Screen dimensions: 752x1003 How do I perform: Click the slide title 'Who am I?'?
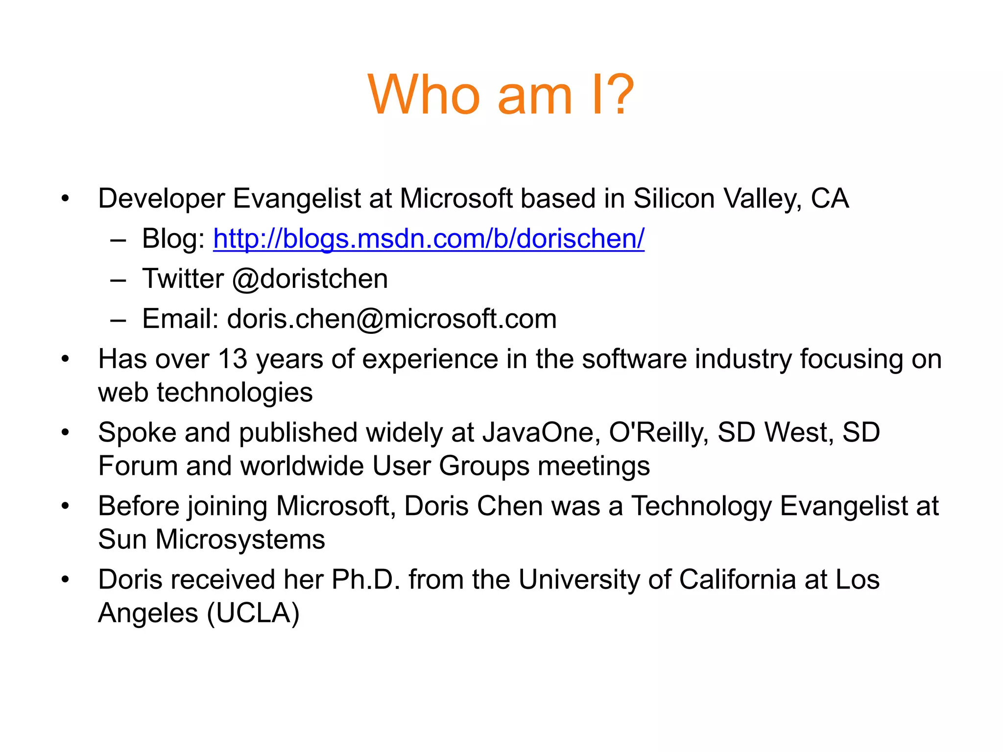[501, 95]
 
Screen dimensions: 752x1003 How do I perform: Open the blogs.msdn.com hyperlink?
[429, 239]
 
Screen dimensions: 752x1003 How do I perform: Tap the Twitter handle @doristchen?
[310, 279]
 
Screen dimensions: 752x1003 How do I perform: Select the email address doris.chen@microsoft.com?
[392, 319]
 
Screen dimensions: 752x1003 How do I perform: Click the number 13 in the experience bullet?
[233, 359]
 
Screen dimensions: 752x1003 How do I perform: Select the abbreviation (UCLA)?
[253, 613]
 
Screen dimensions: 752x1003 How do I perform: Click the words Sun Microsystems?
[212, 540]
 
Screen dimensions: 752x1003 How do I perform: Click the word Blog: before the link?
[173, 239]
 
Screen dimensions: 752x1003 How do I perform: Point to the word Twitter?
[183, 279]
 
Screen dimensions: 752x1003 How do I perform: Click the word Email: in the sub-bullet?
[180, 319]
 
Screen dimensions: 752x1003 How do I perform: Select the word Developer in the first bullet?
[162, 199]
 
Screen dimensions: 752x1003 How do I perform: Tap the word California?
[738, 580]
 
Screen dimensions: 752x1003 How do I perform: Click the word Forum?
[138, 466]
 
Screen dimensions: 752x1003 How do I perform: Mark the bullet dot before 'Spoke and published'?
[65, 433]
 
